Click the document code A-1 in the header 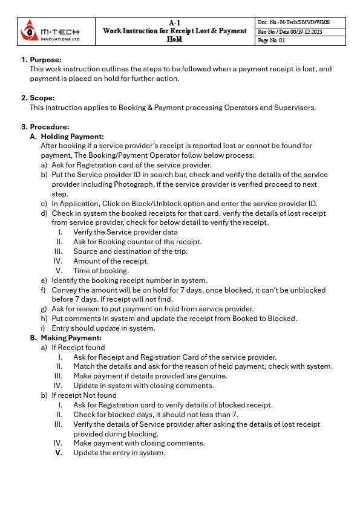click(x=174, y=22)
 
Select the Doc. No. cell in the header click(x=301, y=22)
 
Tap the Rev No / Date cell click(x=301, y=31)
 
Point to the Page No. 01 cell click(x=301, y=41)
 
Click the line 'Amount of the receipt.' click(x=111, y=261)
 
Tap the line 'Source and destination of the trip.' click(x=130, y=251)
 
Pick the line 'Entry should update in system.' click(x=103, y=328)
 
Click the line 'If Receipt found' click(x=78, y=348)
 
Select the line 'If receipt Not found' click(x=84, y=395)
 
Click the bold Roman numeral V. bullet click(x=59, y=453)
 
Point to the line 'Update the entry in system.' click(x=119, y=453)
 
